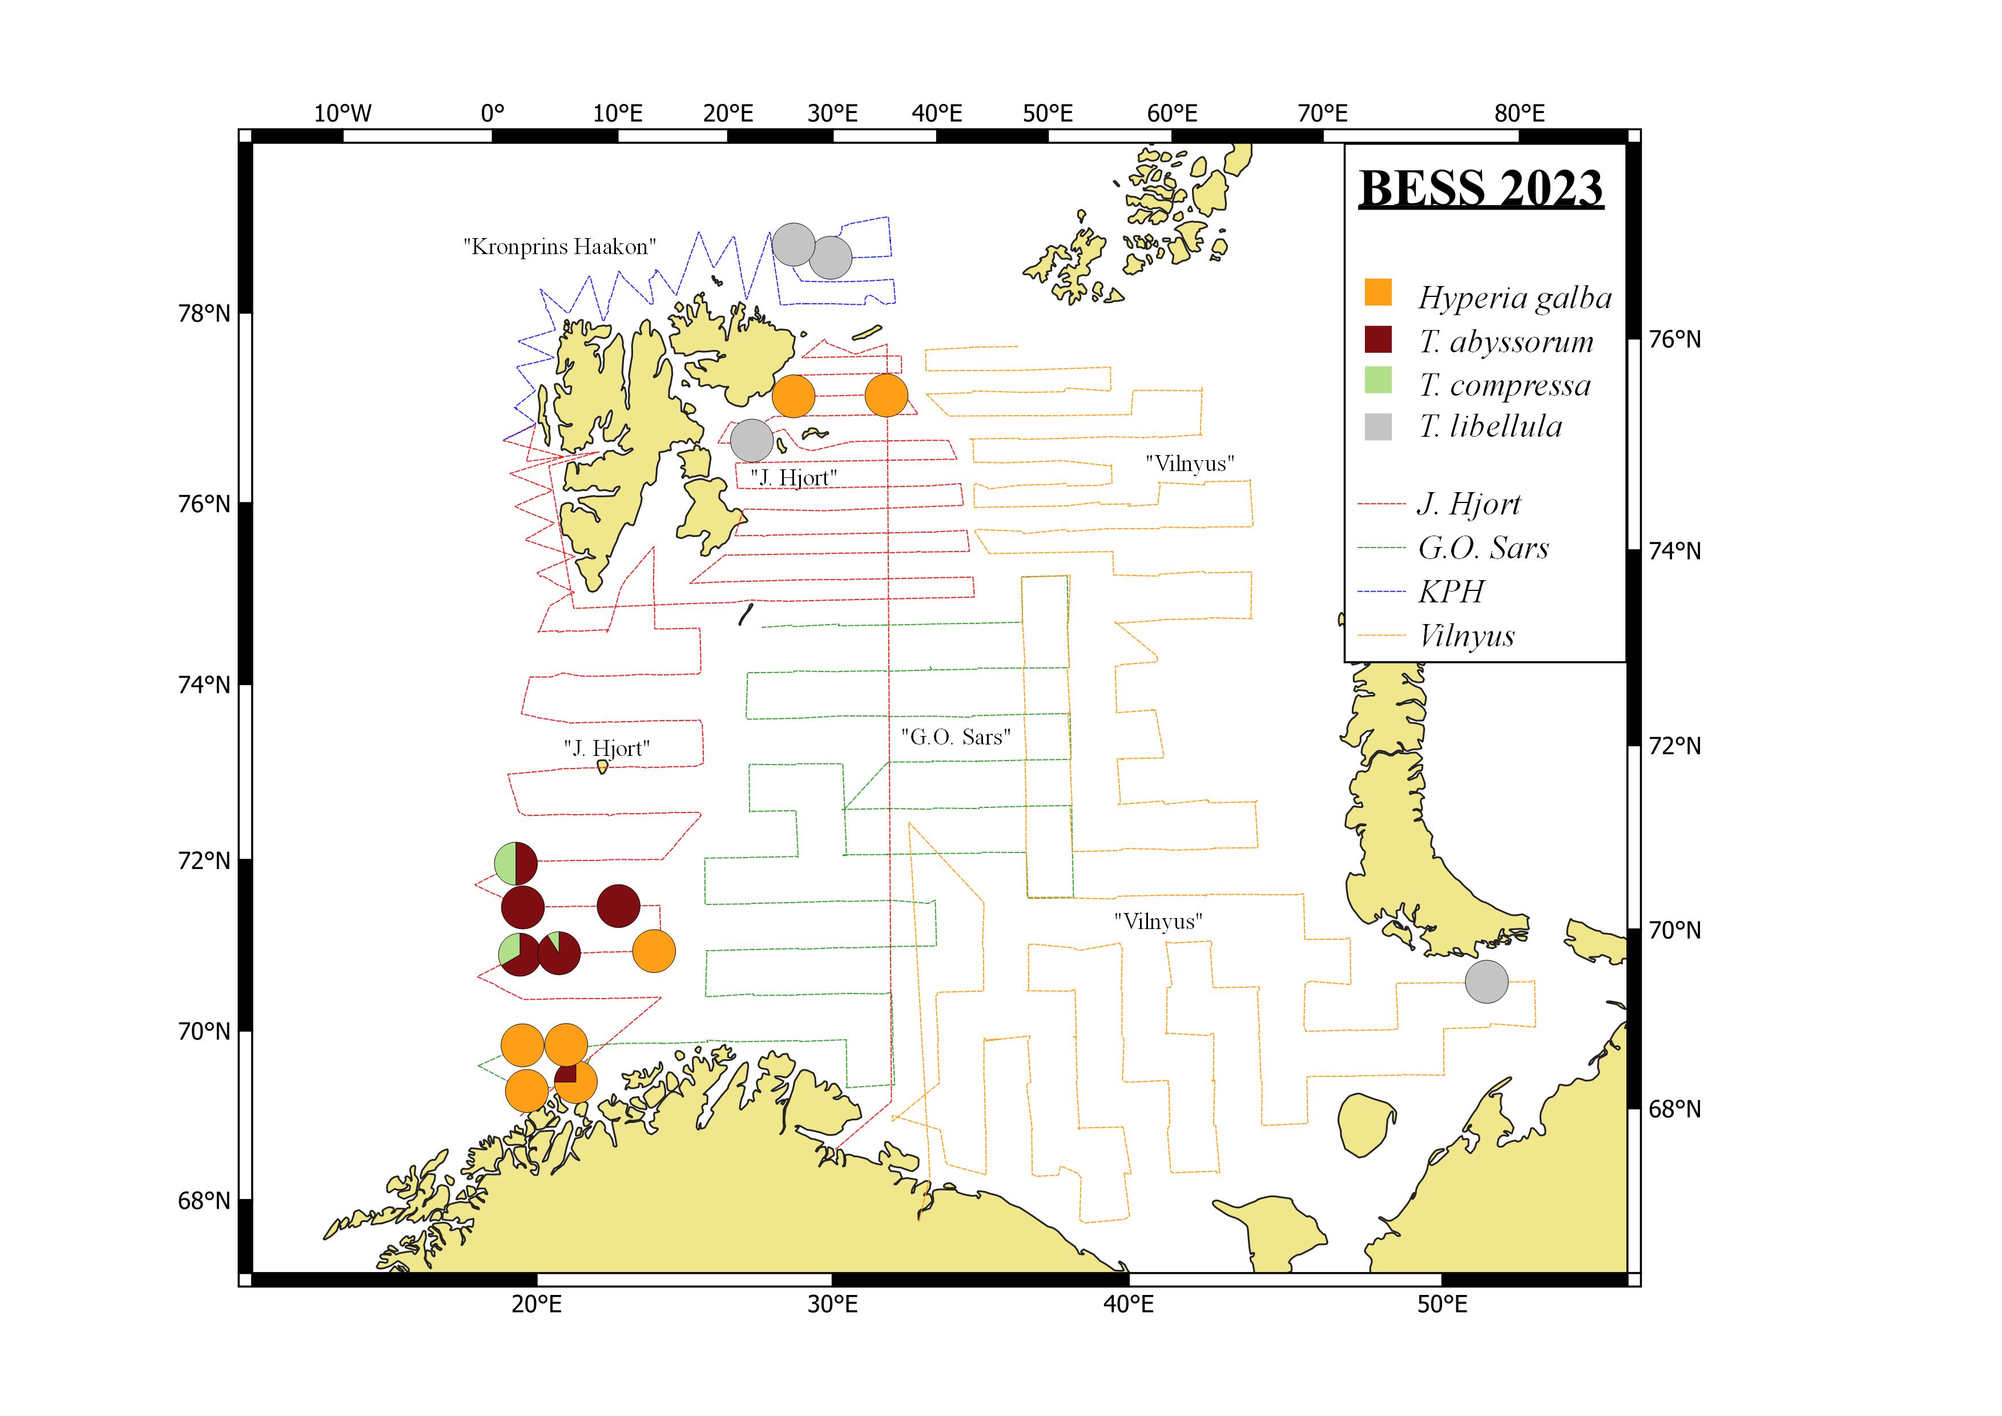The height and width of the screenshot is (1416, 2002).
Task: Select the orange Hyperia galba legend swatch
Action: [x=1377, y=293]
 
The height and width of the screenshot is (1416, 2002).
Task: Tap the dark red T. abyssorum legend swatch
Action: [x=1377, y=339]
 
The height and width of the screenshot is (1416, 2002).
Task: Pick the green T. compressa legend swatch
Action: [x=1377, y=381]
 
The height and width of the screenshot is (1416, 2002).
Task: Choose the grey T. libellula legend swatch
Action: [x=1377, y=427]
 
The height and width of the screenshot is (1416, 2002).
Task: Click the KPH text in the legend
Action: [x=1451, y=592]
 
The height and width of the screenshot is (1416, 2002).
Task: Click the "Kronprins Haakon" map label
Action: [x=559, y=247]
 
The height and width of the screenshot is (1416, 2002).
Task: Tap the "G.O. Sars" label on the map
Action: [x=956, y=737]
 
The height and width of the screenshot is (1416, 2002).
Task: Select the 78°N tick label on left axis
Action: [x=204, y=313]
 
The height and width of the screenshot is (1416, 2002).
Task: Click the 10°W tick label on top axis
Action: [x=343, y=114]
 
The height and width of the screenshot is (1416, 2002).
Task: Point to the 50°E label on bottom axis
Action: [x=1441, y=1305]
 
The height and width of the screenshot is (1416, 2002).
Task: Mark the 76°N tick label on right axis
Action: [x=1674, y=339]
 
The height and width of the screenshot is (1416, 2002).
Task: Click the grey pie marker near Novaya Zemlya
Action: [x=1487, y=982]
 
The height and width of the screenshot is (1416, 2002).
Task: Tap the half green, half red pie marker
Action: [x=515, y=863]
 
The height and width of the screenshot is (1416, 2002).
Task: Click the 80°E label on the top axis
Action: [x=1519, y=114]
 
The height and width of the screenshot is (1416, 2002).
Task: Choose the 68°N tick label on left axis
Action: [x=204, y=1201]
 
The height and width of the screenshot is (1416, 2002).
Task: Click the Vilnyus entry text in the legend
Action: [x=1467, y=635]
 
